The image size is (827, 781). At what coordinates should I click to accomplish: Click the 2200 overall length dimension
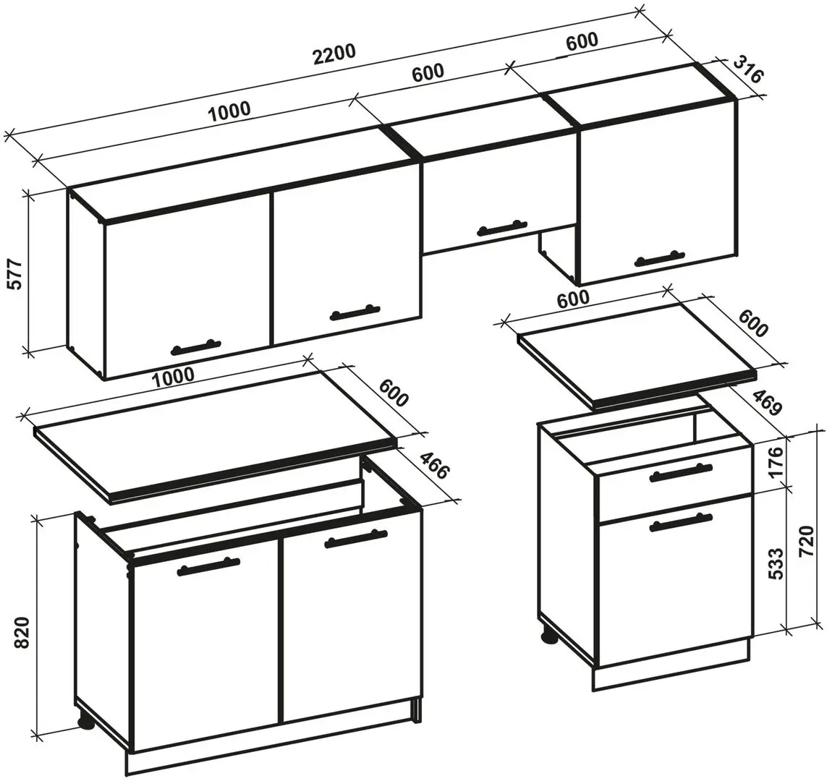[x=334, y=54]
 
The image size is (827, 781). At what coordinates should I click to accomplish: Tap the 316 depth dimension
[x=748, y=69]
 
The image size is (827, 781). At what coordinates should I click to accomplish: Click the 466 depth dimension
[x=435, y=464]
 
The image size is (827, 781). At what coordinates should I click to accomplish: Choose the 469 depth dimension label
[x=765, y=403]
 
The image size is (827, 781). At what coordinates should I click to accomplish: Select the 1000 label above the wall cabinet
[x=229, y=111]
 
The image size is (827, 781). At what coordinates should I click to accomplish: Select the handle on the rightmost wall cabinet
[x=661, y=257]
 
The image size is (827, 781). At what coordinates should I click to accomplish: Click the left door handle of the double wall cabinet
[x=195, y=347]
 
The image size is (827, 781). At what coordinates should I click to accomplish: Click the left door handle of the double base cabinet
[x=208, y=566]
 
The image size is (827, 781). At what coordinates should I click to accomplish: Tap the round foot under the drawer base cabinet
[x=549, y=636]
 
